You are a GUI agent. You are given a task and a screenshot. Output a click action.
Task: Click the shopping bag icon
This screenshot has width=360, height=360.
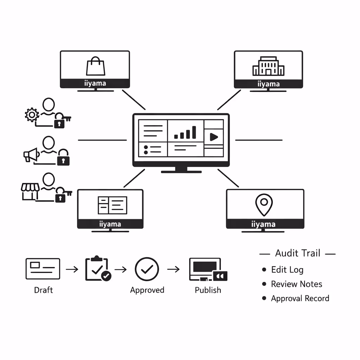(x=95, y=66)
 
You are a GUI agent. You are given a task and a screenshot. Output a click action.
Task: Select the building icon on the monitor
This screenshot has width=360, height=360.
(x=268, y=67)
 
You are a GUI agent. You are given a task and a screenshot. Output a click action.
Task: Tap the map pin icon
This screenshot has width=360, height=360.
(x=264, y=205)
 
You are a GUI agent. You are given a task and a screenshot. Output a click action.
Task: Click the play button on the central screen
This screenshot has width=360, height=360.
(x=213, y=137)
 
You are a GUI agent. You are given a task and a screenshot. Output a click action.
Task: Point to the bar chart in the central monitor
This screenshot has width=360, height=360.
(x=185, y=133)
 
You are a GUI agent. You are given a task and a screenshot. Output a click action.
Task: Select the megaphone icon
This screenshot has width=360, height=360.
(x=31, y=155)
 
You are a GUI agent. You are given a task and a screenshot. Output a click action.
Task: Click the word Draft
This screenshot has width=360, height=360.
(x=43, y=290)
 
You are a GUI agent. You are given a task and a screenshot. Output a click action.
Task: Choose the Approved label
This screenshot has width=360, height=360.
(x=147, y=290)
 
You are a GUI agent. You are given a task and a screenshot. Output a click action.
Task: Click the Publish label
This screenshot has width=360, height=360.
(x=208, y=290)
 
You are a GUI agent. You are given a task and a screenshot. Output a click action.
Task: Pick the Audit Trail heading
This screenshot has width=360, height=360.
(x=297, y=253)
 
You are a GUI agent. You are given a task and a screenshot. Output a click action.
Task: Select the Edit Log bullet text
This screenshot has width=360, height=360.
(x=287, y=270)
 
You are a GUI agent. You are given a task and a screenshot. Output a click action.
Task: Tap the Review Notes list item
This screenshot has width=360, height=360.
(x=296, y=284)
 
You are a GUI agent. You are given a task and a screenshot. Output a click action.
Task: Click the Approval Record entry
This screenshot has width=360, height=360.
(x=300, y=298)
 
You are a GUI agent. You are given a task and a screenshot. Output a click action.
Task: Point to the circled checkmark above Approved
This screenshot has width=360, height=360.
(x=147, y=269)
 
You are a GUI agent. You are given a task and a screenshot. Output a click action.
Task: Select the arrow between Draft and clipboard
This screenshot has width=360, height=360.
(x=72, y=269)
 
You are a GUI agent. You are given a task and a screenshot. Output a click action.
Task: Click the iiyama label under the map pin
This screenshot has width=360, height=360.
(x=264, y=224)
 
